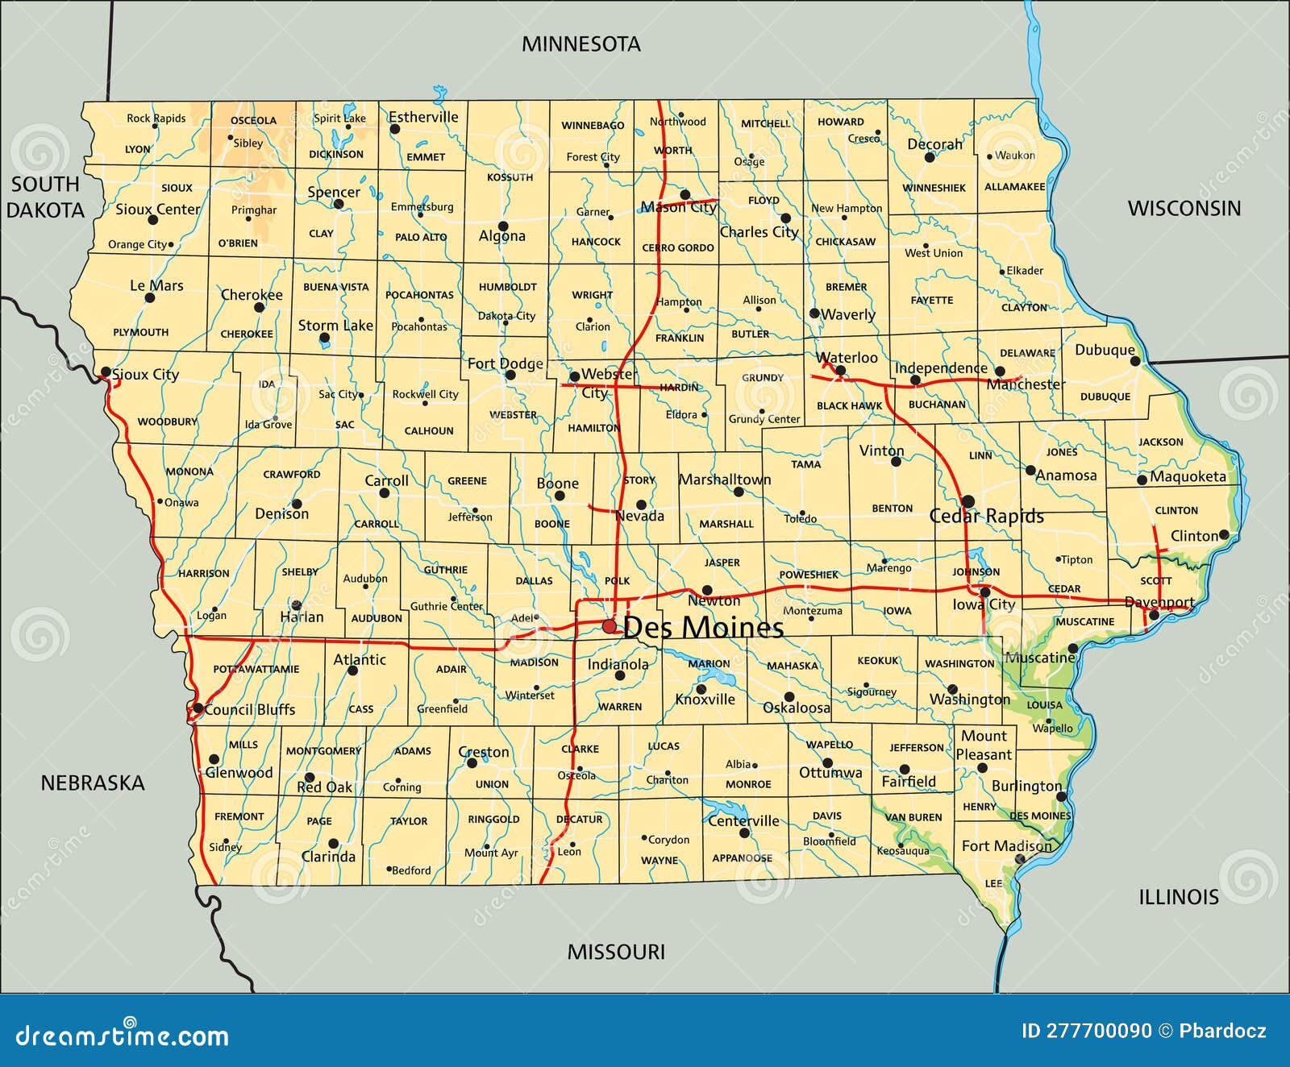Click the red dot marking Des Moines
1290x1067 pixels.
[610, 627]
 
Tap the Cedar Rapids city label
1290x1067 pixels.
[986, 517]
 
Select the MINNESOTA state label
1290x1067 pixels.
[580, 44]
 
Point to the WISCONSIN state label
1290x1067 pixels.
[1184, 209]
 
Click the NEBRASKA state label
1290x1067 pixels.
[93, 783]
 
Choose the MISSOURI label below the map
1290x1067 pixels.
[616, 952]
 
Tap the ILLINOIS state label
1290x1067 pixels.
[1178, 897]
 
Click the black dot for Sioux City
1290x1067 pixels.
[106, 372]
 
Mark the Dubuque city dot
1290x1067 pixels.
[1135, 361]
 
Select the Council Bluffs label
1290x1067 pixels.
[250, 710]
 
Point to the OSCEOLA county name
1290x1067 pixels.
[253, 121]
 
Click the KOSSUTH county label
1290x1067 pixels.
[510, 177]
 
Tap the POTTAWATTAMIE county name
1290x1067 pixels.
[256, 669]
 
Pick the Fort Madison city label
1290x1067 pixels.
[1006, 845]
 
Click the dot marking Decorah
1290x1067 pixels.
[930, 158]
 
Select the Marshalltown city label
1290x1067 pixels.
[725, 480]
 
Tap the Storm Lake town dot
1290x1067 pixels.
[324, 339]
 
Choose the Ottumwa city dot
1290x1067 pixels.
[827, 763]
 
